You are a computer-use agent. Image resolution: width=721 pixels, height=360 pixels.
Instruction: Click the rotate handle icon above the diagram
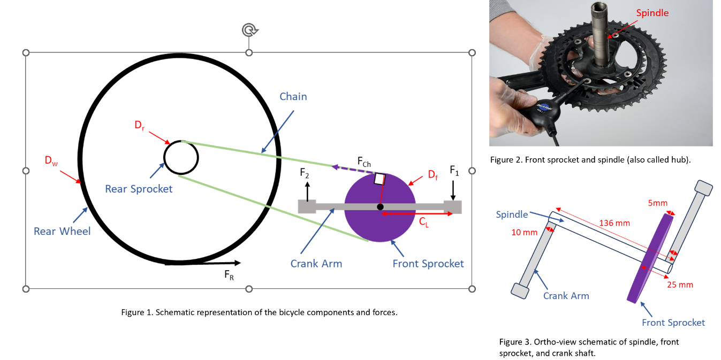click(249, 30)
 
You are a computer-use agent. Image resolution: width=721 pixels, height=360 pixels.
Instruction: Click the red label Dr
click(139, 126)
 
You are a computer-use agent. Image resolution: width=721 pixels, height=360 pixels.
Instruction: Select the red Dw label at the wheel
click(51, 160)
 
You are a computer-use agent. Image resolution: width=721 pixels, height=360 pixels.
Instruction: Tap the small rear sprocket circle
click(181, 157)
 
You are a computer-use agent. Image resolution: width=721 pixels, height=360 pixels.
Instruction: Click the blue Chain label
click(293, 96)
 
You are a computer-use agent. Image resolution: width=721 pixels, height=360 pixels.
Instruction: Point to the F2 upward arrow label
click(304, 173)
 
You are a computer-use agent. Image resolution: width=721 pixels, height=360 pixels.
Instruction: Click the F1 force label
click(454, 171)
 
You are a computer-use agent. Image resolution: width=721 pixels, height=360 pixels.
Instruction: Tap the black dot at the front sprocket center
click(380, 206)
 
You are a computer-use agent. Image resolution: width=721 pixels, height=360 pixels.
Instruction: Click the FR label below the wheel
click(229, 274)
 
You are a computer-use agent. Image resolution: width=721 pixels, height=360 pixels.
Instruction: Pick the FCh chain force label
click(364, 161)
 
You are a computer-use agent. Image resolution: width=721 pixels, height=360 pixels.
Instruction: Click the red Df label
click(432, 174)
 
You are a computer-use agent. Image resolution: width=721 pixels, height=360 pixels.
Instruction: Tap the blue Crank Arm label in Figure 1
click(316, 263)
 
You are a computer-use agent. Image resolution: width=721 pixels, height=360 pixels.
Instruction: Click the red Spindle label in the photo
click(652, 13)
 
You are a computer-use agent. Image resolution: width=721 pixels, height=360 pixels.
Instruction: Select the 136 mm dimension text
click(614, 223)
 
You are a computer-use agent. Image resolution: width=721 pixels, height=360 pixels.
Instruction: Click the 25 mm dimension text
click(679, 285)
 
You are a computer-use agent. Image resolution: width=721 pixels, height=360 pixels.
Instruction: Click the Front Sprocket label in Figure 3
click(673, 322)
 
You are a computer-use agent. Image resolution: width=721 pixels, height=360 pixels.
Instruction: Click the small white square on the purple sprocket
click(380, 179)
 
